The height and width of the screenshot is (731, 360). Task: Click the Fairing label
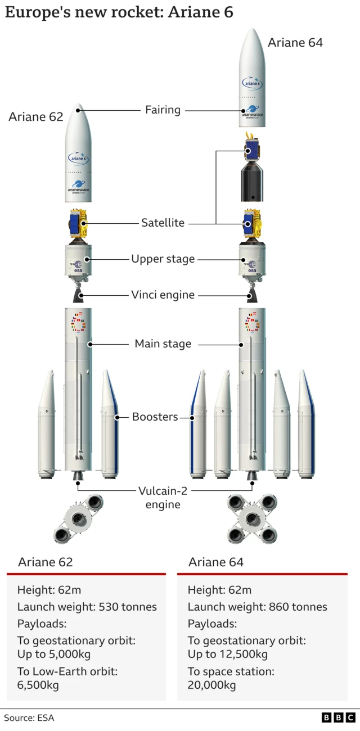pyautogui.click(x=163, y=110)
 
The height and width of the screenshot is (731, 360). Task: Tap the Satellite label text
pyautogui.click(x=163, y=223)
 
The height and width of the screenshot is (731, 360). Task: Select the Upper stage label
pyautogui.click(x=163, y=259)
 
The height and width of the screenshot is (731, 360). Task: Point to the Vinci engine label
pyautogui.click(x=163, y=295)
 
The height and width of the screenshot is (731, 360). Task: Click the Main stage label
pyautogui.click(x=163, y=344)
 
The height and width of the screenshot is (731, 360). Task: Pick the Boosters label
pyautogui.click(x=155, y=417)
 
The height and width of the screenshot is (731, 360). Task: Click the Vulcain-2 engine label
pyautogui.click(x=163, y=497)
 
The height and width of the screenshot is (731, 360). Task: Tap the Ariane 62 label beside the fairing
pyautogui.click(x=36, y=117)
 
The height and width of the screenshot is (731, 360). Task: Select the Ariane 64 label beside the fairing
pyautogui.click(x=295, y=42)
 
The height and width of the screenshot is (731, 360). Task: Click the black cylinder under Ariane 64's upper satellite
pyautogui.click(x=253, y=183)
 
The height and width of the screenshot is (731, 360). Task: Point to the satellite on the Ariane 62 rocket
pyautogui.click(x=78, y=223)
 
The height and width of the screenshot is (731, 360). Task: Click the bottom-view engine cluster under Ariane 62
pyautogui.click(x=78, y=518)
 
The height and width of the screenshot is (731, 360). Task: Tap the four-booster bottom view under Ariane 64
pyautogui.click(x=252, y=518)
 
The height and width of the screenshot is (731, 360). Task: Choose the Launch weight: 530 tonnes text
pyautogui.click(x=87, y=607)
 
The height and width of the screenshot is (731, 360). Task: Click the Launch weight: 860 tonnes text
pyautogui.click(x=257, y=607)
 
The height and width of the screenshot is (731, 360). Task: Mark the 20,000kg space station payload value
pyautogui.click(x=211, y=684)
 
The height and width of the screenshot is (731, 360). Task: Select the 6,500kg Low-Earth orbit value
pyautogui.click(x=38, y=684)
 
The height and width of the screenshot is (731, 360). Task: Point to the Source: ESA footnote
pyautogui.click(x=29, y=718)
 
